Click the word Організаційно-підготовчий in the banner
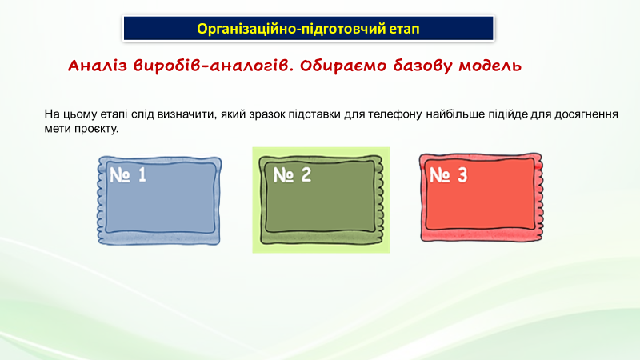[x=291, y=29]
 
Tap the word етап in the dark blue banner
[x=404, y=30]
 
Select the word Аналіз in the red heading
[x=98, y=66]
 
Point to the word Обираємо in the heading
[x=344, y=66]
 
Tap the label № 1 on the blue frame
[x=128, y=174]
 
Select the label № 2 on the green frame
[x=292, y=174]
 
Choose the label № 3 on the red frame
[x=448, y=174]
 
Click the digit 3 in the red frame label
[x=462, y=174]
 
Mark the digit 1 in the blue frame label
[x=142, y=174]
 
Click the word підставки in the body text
[x=314, y=114]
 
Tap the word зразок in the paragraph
[x=266, y=114]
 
